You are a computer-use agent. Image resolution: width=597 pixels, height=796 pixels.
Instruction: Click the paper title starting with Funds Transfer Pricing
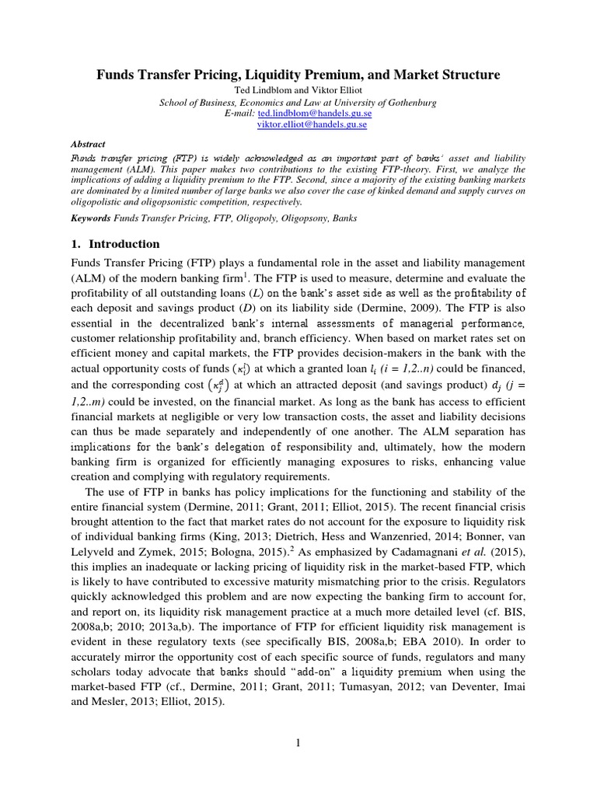click(x=298, y=75)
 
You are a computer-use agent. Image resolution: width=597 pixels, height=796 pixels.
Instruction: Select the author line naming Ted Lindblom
click(x=298, y=90)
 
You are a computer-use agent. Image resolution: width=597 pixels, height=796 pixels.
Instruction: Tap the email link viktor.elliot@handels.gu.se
click(x=312, y=124)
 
